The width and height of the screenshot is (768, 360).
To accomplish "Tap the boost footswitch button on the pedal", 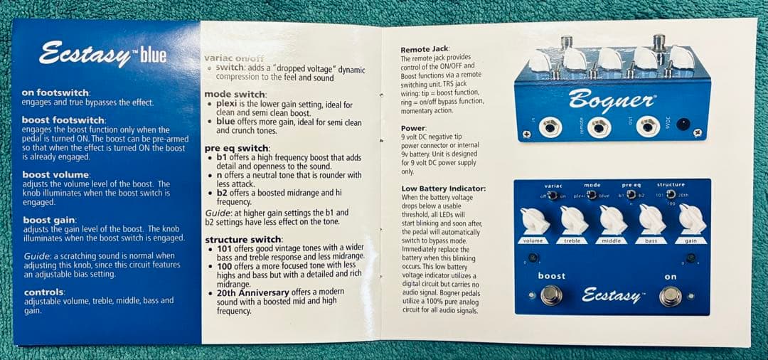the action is tap(551, 295).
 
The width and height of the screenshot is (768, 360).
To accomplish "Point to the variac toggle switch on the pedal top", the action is tap(553, 196).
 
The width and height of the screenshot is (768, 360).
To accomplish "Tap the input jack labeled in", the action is tap(550, 128).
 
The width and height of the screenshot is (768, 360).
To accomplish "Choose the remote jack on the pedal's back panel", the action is tap(599, 128).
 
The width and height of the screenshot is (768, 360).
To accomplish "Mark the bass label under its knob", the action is tap(651, 240).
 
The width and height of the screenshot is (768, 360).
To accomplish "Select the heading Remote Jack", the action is tap(425, 50).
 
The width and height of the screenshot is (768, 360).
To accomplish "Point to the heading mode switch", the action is tap(235, 95).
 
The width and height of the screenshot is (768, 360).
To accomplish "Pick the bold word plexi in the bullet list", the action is tap(225, 105).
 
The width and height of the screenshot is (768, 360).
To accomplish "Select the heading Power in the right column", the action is tap(412, 128).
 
